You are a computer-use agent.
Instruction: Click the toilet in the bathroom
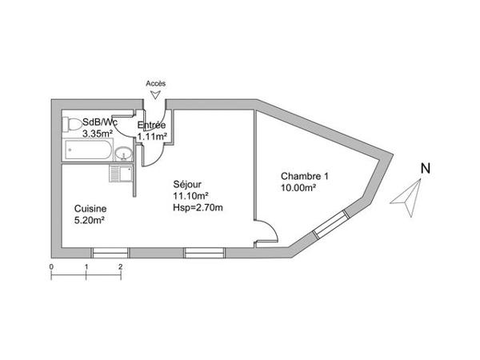pos(70,125)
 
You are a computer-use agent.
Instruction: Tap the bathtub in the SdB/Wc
pos(88,150)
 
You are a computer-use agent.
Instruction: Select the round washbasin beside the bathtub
pos(124,153)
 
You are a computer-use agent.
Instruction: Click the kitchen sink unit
pos(121,174)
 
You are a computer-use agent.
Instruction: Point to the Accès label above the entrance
pos(156,83)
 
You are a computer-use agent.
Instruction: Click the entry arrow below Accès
pos(156,95)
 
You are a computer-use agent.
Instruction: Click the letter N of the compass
pos(426,168)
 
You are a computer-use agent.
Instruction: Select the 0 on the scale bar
pos(51,267)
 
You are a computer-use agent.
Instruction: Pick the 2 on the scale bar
pos(121,267)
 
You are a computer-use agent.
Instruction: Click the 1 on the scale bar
pos(86,267)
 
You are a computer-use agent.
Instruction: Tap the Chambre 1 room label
pos(305,176)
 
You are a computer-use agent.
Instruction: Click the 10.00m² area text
pos(298,188)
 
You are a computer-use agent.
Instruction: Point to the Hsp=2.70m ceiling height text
pos(198,207)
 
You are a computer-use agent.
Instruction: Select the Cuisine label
pos(90,209)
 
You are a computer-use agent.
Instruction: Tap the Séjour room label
pos(187,184)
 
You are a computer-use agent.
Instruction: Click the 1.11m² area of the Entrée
pos(152,137)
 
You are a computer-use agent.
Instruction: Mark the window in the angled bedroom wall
pos(331,224)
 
